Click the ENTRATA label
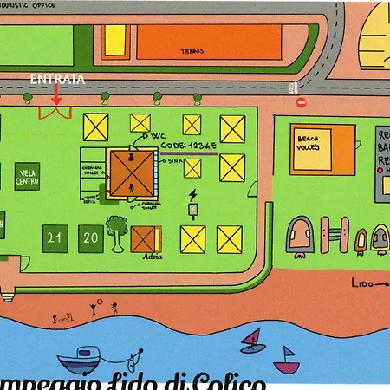(56, 80)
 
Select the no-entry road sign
(302, 102)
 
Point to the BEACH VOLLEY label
(309, 142)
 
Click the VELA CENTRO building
(27, 178)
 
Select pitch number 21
(56, 236)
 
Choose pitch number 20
(89, 236)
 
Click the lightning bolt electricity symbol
(192, 194)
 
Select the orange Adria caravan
(146, 238)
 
